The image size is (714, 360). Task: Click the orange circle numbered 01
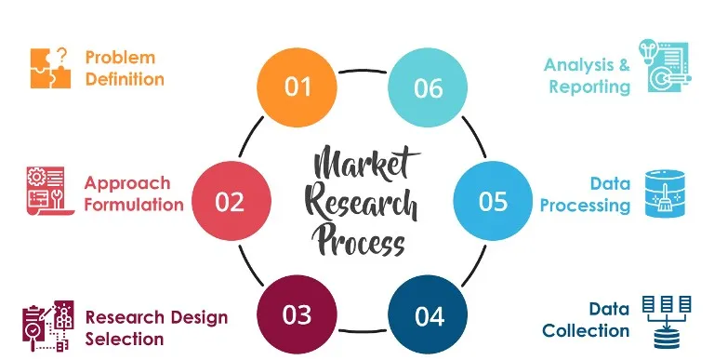tap(297, 87)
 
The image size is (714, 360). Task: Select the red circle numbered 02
tap(230, 201)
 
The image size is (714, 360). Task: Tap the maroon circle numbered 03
tap(297, 314)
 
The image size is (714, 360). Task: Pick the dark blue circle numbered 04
tap(429, 315)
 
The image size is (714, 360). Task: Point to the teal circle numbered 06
tap(428, 87)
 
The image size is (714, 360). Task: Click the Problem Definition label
tap(125, 68)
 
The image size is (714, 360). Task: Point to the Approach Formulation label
tap(134, 193)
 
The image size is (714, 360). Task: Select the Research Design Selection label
tap(156, 327)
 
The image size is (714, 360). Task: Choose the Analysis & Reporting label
tap(588, 75)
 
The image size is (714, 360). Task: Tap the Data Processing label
tap(586, 193)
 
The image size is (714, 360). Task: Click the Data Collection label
tap(588, 319)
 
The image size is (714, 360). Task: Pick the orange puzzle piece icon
tap(50, 68)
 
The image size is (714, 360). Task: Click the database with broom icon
tap(665, 193)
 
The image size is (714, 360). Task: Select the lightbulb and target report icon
tap(664, 67)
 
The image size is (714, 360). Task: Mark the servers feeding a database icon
tap(666, 321)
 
